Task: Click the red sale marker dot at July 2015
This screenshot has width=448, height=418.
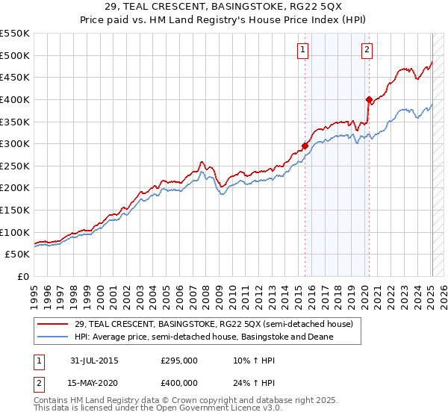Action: coord(305,146)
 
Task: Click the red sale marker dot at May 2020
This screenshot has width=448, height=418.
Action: coord(369,99)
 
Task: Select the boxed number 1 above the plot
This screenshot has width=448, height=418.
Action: coord(303,51)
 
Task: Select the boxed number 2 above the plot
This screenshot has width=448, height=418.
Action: coord(367,51)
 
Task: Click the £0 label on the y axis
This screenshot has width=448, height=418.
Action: coord(23,277)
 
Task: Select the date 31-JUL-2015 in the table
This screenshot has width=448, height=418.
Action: coord(95,361)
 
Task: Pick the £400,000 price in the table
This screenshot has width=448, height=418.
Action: coord(179,383)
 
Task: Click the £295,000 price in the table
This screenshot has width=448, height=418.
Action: coord(179,361)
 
